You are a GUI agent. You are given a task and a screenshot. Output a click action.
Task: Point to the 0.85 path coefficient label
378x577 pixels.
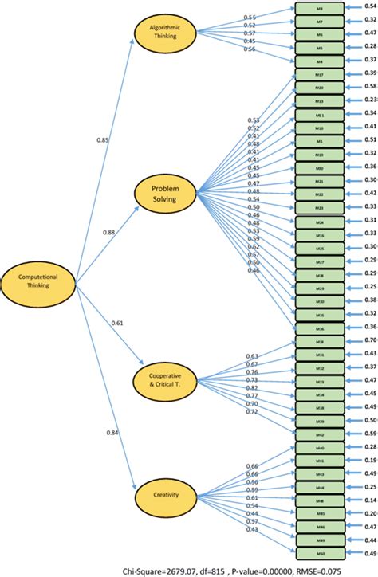point(103,139)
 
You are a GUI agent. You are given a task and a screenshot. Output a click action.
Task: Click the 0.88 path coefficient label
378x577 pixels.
point(109,232)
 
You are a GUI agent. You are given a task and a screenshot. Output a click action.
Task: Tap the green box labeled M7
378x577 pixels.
point(319,22)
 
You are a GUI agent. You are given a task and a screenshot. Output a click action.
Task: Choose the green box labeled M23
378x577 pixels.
point(319,206)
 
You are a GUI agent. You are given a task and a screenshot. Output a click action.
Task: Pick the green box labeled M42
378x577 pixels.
point(319,434)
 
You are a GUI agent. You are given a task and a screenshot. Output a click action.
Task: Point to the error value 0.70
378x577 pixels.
point(371,340)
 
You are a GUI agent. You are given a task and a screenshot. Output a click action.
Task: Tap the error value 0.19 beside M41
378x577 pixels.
point(371,460)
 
